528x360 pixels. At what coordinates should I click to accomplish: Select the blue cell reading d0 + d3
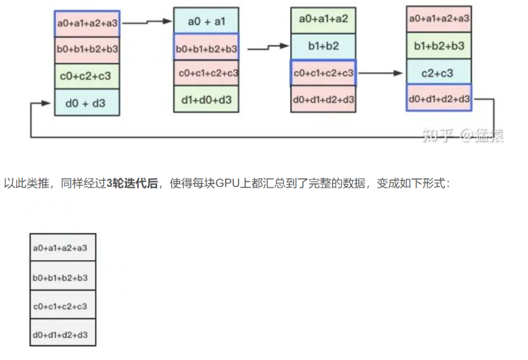point(87,102)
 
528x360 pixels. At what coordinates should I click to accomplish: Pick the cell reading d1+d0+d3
point(206,99)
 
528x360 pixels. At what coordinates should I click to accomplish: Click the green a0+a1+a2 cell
point(323,20)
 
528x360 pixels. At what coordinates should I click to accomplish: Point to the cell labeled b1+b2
point(323,47)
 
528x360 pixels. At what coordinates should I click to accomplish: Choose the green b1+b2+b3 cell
point(439,46)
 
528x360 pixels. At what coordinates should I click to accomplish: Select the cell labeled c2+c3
point(439,73)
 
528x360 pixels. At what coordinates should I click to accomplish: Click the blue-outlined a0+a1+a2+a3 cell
point(87,24)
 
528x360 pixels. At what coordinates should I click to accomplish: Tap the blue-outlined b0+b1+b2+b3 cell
point(206,48)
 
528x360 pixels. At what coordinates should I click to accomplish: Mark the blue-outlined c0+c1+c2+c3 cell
point(323,73)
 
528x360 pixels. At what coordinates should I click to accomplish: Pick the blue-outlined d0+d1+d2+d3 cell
point(439,98)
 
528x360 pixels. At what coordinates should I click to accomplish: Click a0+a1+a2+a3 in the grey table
point(63,248)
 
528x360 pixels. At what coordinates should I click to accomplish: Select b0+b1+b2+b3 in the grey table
point(63,277)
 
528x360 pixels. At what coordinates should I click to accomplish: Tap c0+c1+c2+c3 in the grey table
point(63,306)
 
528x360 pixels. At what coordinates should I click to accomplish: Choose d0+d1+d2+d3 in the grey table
point(63,335)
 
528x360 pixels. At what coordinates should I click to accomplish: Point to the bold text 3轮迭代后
point(132,184)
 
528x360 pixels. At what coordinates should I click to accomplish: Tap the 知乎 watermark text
point(434,135)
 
